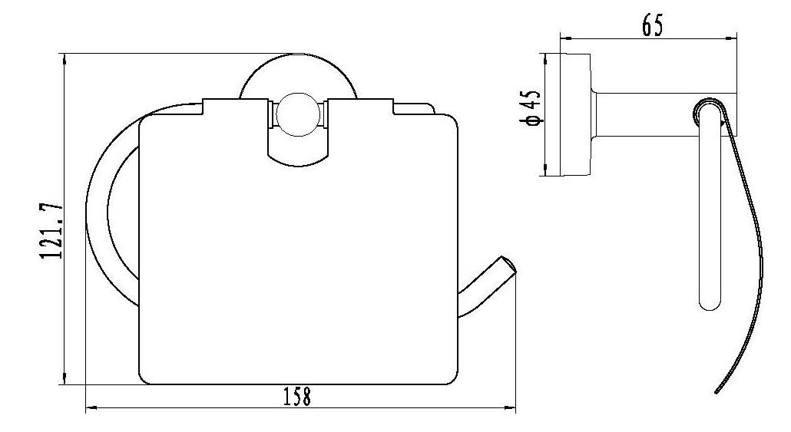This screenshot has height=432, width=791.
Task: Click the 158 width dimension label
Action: [296, 396]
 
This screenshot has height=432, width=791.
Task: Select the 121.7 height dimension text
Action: [52, 230]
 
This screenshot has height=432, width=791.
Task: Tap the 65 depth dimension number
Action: [652, 25]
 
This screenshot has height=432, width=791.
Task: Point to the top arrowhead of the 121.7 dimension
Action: [64, 60]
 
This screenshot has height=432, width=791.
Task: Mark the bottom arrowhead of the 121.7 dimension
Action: [64, 378]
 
